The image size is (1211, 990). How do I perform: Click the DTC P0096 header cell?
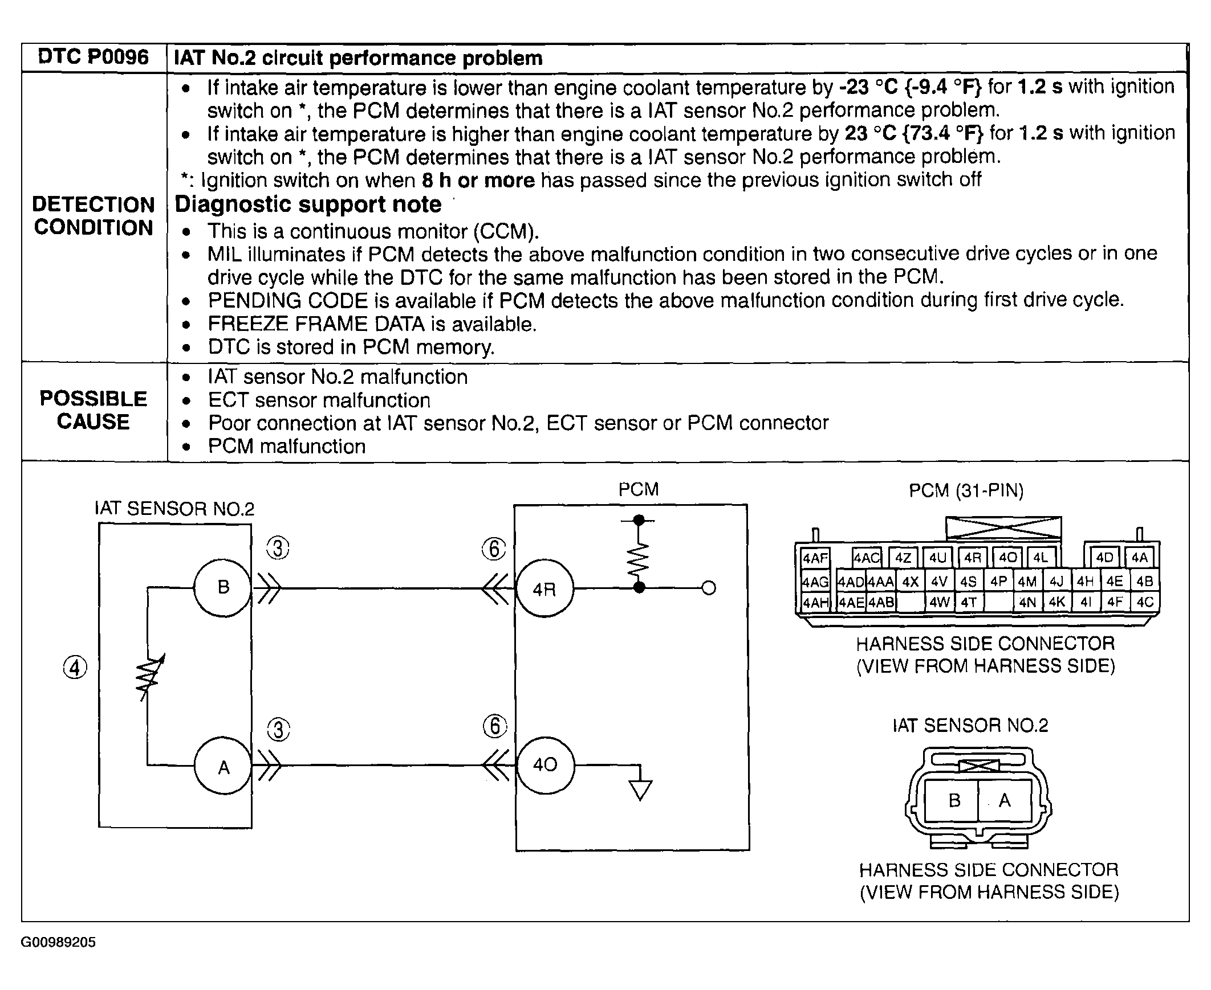tap(94, 58)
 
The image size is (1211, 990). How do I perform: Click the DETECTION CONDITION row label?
tap(94, 216)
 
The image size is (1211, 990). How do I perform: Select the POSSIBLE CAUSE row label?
tap(94, 410)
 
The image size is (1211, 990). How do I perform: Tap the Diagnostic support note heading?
tap(308, 204)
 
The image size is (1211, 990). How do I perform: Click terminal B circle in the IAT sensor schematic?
tap(223, 587)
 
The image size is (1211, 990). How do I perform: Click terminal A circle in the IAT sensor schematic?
tap(223, 767)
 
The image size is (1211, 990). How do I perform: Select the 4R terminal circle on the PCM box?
tap(544, 588)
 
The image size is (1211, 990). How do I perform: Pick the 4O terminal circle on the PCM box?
tap(545, 765)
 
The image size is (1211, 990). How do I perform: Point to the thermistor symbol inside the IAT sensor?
tap(149, 677)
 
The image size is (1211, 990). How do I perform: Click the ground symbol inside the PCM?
tap(640, 789)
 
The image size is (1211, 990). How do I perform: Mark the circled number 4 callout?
tap(75, 668)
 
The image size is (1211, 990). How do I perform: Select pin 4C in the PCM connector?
tap(1145, 602)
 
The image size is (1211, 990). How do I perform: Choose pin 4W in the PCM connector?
tap(939, 602)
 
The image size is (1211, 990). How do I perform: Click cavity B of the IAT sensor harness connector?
tap(954, 801)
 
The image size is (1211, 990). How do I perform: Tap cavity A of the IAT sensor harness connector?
tap(1005, 801)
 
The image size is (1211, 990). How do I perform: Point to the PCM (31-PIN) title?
tap(966, 490)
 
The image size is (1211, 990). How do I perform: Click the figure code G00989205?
tap(58, 942)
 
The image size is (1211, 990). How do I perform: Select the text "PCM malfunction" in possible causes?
tap(286, 447)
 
